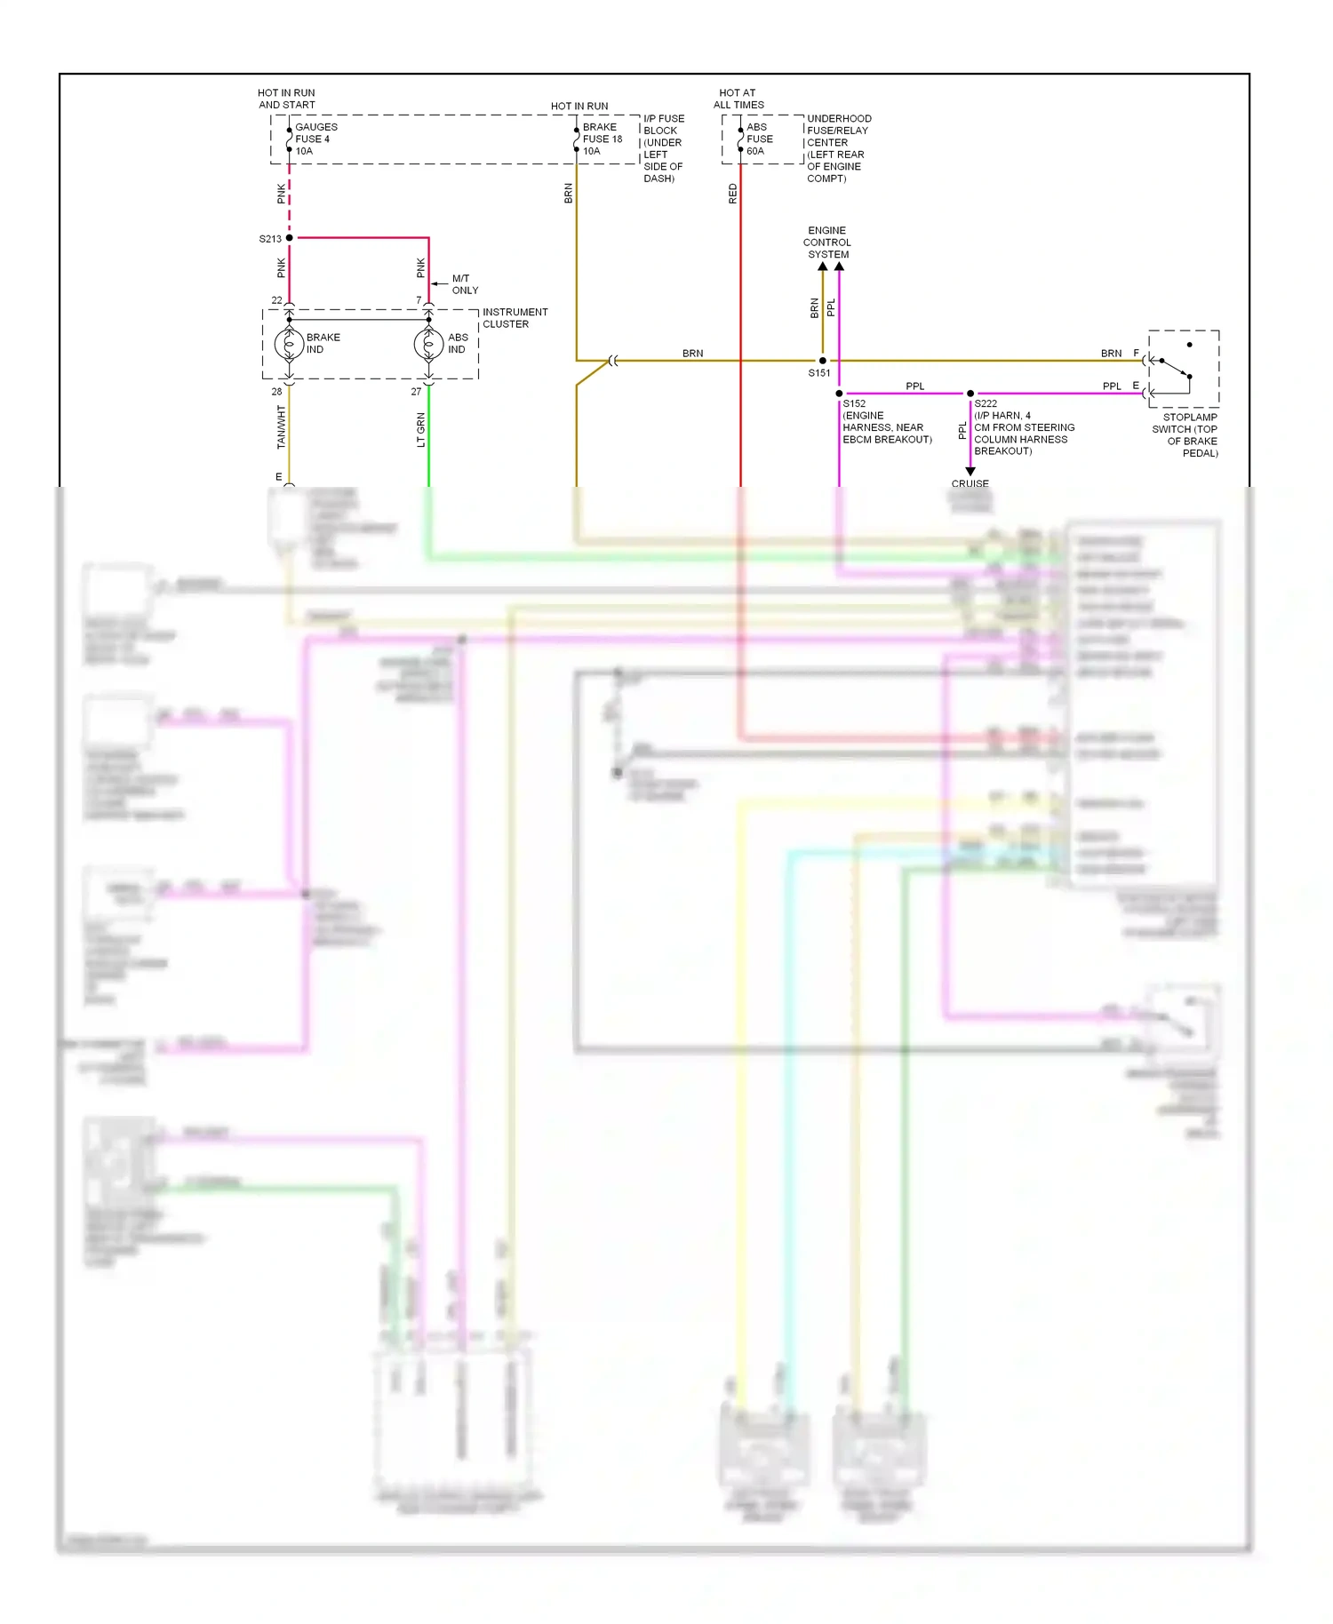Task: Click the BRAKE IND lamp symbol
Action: click(289, 344)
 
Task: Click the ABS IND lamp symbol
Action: click(428, 344)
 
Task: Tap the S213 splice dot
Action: click(290, 238)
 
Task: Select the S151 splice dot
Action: click(823, 361)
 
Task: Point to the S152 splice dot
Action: click(839, 394)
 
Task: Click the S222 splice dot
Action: click(970, 394)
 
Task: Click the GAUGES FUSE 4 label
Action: click(315, 139)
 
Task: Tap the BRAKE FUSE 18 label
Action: click(602, 139)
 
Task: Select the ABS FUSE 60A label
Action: click(759, 139)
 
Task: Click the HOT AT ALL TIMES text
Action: click(738, 99)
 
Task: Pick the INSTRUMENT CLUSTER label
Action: click(515, 318)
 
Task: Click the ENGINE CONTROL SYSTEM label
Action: click(827, 243)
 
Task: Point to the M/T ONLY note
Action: click(464, 284)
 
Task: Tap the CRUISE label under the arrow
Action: click(970, 484)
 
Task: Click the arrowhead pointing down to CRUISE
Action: click(970, 471)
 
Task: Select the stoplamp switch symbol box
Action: click(1183, 369)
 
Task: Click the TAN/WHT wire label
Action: click(281, 426)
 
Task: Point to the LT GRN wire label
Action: click(421, 430)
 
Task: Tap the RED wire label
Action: click(733, 194)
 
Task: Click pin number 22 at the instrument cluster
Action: click(276, 300)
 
